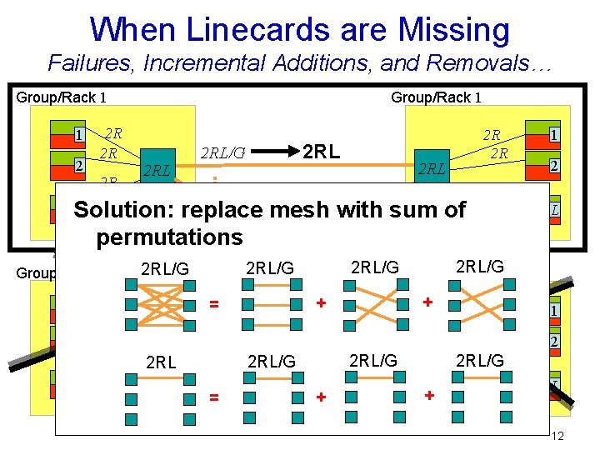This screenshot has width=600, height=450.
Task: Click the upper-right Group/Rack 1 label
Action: coord(436,97)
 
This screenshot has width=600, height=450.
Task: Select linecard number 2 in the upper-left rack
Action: coord(77,165)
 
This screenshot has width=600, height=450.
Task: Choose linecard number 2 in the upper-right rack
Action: coord(552,166)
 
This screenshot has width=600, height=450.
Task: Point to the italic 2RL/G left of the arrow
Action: coord(222,153)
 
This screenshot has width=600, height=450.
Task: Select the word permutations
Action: coord(169,237)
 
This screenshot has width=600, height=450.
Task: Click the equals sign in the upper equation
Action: coord(213,306)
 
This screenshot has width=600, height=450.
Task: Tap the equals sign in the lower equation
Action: coord(213,399)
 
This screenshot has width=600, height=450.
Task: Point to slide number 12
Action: coord(557,437)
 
